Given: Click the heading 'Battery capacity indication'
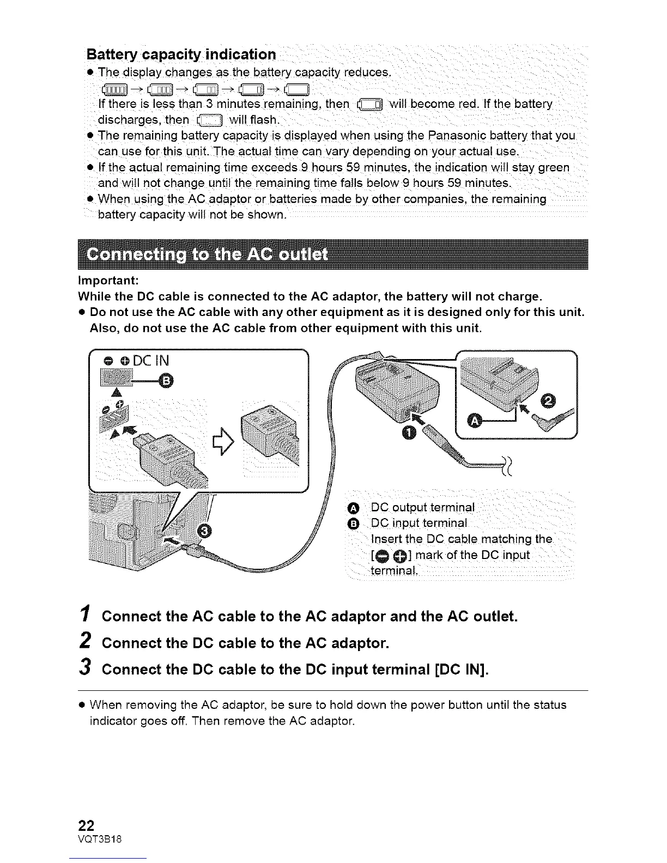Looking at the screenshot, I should (181, 55).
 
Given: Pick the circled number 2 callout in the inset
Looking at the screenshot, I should (548, 401).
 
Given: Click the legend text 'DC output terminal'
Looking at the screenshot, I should (422, 508).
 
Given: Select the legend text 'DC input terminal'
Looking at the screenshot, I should (419, 524).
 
